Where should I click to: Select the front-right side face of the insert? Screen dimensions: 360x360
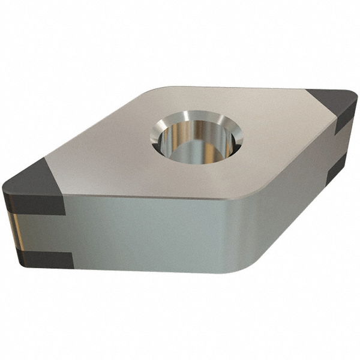coord(288,198)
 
